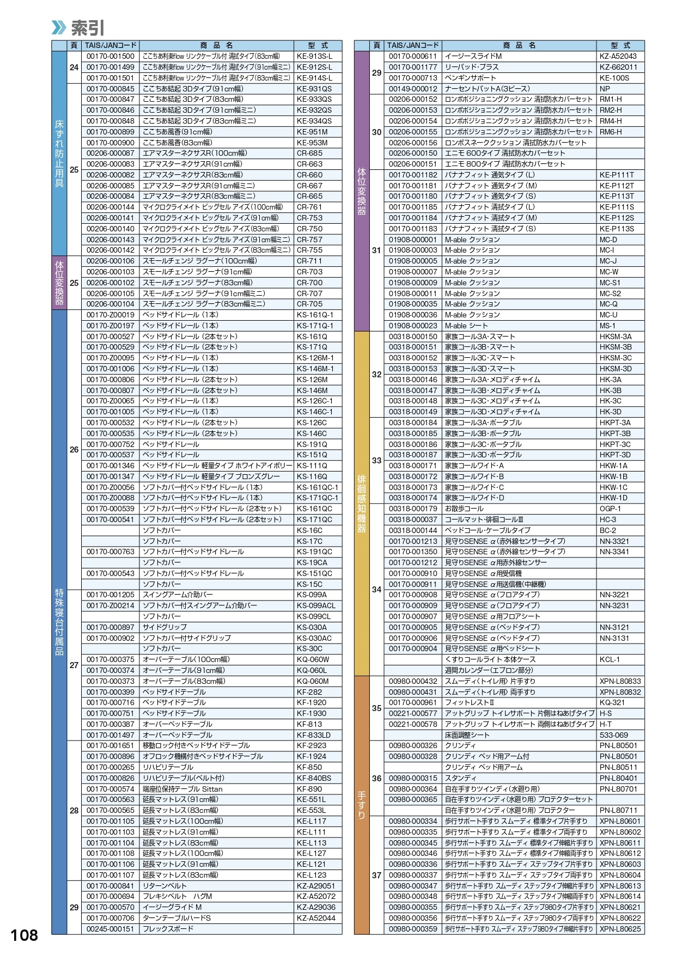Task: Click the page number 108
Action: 25,935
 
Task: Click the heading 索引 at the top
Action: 88,28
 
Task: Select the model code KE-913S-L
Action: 314,56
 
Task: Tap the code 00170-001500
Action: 110,56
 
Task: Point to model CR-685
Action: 309,153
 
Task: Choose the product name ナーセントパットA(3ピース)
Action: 487,89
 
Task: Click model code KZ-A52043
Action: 618,56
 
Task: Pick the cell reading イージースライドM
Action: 473,56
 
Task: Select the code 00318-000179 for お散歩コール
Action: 413,509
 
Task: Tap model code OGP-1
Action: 610,509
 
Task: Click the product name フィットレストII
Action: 470,702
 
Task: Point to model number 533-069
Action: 613,735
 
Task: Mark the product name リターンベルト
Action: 165,886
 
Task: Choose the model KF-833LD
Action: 313,735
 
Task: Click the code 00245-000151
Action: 110,929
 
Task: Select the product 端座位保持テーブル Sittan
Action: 182,789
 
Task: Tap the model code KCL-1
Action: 610,659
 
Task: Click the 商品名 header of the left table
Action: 216,46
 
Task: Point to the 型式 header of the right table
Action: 620,46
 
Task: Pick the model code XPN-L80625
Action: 620,929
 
